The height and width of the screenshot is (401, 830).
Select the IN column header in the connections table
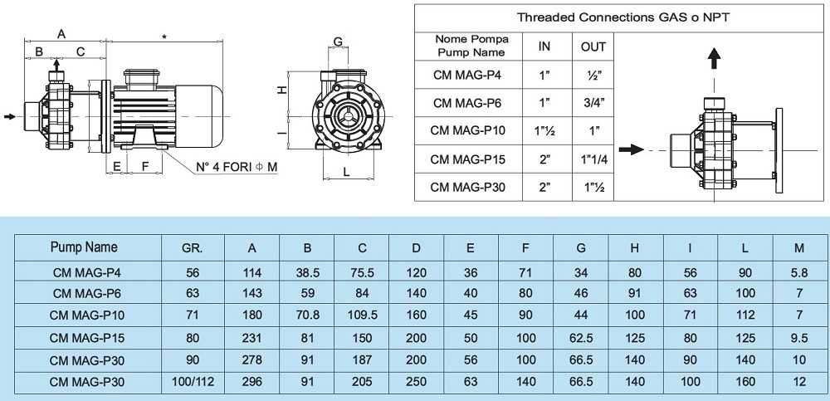544,46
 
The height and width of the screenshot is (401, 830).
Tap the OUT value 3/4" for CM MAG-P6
593,103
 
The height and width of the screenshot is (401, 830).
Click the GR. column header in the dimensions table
192,247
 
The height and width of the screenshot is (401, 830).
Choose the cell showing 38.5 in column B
307,271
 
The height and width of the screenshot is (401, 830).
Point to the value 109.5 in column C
362,315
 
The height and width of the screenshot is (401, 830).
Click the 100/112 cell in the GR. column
192,383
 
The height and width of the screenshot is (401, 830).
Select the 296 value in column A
251,383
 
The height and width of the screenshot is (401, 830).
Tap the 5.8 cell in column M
799,271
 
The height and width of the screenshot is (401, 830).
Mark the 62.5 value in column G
581,338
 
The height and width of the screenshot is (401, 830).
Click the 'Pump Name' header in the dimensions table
84,247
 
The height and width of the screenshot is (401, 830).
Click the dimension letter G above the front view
338,42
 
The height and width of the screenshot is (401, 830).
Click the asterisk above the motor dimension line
165,37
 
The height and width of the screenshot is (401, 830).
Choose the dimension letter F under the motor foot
145,165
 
